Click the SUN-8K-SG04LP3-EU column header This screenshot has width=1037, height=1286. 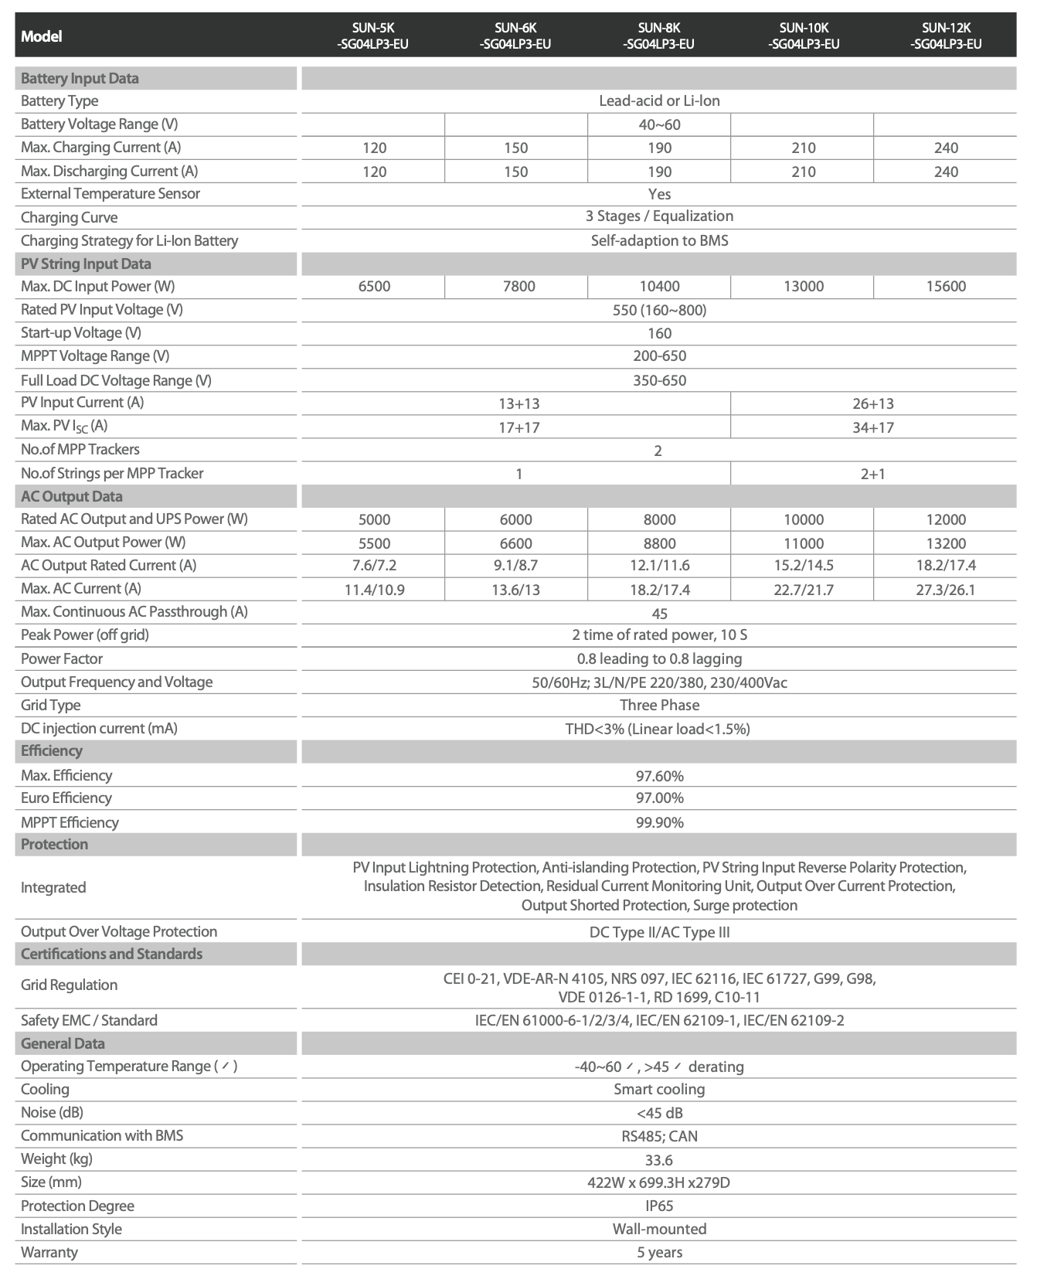658,36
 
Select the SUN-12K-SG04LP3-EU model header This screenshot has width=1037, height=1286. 946,36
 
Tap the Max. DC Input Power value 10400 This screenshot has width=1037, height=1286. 659,287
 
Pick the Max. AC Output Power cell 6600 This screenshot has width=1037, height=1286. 516,543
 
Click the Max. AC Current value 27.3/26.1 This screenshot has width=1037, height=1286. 946,590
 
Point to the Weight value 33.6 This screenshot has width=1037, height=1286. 659,1160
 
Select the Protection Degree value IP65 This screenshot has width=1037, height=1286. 659,1206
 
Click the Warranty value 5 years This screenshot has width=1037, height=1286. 659,1252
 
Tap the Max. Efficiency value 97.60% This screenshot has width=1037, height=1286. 659,776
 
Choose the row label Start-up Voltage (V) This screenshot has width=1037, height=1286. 81,333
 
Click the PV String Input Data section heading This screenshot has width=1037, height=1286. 86,264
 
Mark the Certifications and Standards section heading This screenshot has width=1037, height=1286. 111,954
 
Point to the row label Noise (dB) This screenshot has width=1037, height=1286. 52,1113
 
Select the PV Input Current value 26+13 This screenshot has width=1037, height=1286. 873,403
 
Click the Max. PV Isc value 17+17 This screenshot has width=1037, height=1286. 518,427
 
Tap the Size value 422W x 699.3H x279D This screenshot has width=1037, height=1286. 659,1183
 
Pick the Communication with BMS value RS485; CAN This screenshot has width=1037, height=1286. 659,1136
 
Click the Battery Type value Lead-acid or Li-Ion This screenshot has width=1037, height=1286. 659,101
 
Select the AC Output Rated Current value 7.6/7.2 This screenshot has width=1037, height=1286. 374,566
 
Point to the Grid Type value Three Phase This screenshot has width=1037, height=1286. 659,706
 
